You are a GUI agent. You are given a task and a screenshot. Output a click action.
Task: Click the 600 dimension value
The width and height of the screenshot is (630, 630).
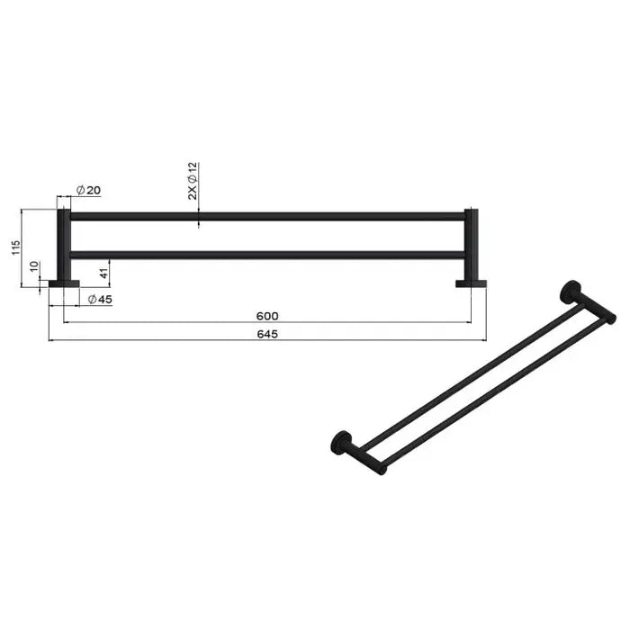[267, 316]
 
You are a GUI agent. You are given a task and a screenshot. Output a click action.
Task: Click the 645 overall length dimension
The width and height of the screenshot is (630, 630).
[267, 334]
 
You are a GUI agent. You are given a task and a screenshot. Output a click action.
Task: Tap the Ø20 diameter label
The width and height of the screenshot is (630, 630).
[88, 190]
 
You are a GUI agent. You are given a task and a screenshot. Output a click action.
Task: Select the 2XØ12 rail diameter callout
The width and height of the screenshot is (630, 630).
[192, 181]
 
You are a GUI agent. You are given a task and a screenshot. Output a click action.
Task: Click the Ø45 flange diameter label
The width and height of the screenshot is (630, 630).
[100, 299]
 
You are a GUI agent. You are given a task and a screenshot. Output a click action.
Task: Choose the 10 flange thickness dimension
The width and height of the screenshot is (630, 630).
[34, 269]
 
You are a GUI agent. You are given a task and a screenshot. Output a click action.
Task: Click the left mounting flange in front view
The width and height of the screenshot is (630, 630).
[64, 283]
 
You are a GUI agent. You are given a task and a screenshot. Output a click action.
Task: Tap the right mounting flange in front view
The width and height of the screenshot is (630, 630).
[470, 283]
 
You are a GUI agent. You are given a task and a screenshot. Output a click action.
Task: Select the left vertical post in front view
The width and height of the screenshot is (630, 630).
[64, 245]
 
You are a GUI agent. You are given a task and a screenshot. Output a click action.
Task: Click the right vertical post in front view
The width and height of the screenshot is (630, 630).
[470, 245]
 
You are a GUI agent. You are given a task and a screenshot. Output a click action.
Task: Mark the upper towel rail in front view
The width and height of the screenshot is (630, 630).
[267, 216]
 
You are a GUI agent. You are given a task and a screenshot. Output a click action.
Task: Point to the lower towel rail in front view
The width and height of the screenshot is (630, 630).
[267, 255]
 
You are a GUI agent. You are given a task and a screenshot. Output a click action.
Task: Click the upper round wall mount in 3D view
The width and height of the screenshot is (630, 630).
[569, 292]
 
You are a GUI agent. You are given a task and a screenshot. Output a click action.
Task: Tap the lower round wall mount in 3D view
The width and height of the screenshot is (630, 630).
[340, 441]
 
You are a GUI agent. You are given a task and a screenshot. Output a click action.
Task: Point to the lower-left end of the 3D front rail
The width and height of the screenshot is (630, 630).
[382, 469]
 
